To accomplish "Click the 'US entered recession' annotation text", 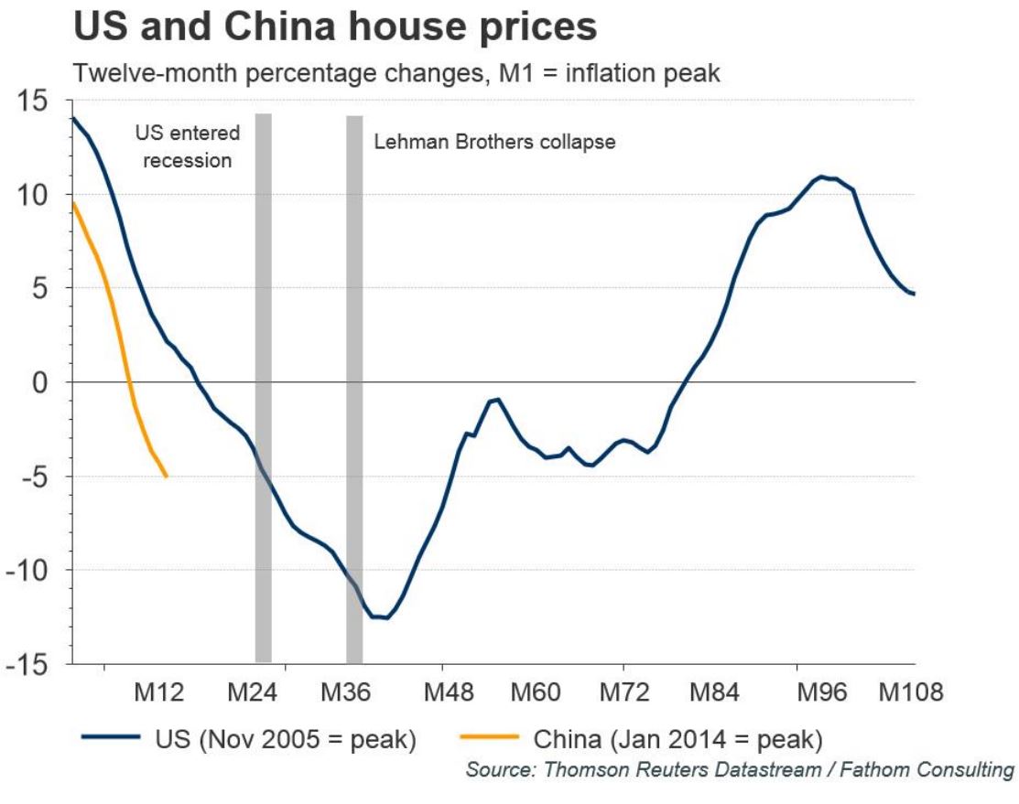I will pos(187,146).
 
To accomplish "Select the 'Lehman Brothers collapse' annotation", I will pos(494,143).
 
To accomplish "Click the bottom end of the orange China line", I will pos(166,476).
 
